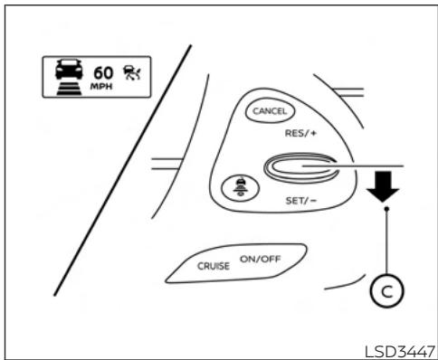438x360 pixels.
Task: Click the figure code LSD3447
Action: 397,350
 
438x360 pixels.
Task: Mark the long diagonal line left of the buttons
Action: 123,167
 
